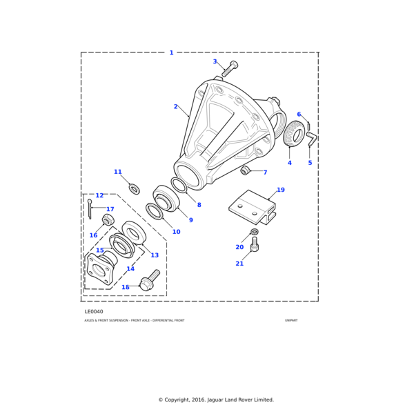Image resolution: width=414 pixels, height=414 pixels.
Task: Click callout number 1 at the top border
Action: tap(172, 53)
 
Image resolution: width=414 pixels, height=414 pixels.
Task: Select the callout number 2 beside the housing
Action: tap(175, 107)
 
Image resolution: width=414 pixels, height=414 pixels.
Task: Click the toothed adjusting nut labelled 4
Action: tap(295, 134)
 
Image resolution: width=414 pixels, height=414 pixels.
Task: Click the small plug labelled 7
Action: tap(244, 170)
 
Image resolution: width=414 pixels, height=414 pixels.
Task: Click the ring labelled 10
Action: tap(155, 212)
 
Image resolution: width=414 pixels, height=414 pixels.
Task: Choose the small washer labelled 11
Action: tap(135, 189)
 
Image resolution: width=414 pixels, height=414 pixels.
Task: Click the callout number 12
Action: tap(99, 196)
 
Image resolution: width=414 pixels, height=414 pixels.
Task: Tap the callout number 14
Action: tap(130, 269)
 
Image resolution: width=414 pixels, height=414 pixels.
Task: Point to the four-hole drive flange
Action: tap(99, 270)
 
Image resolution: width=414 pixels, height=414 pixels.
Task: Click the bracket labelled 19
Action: tap(252, 206)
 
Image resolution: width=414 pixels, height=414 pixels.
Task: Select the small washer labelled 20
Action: tap(255, 232)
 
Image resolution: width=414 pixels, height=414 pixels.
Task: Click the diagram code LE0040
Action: tap(94, 311)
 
